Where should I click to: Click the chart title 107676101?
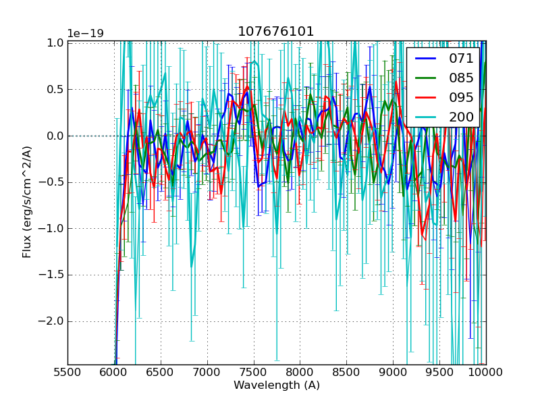click(276, 32)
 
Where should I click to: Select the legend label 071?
click(461, 59)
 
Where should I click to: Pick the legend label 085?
click(461, 78)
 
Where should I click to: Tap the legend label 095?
click(461, 97)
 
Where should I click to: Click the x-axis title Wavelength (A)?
click(277, 385)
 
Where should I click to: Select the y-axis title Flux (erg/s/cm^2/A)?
click(27, 202)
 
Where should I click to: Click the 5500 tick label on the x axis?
click(67, 372)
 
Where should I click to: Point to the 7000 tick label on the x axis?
click(207, 372)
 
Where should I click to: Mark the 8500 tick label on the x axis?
click(346, 372)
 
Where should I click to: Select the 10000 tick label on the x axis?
click(486, 372)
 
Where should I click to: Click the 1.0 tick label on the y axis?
click(55, 43)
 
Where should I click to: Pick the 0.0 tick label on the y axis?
click(55, 136)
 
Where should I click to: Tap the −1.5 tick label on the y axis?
click(52, 275)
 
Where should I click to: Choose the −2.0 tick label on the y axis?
click(52, 321)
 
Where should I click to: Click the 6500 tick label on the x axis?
click(161, 372)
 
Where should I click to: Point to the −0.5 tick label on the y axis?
click(52, 182)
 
